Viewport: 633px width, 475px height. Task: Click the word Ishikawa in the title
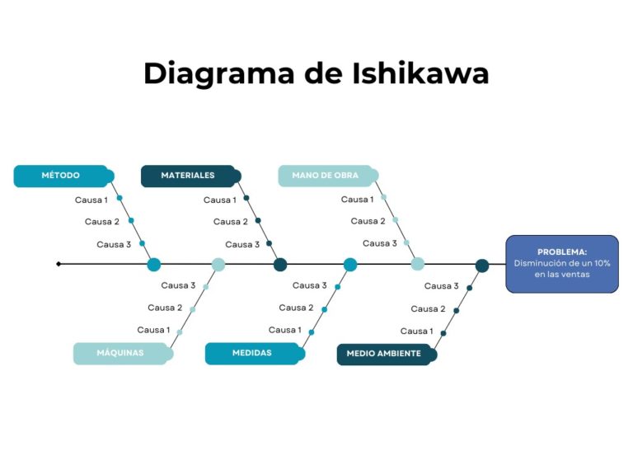click(x=422, y=73)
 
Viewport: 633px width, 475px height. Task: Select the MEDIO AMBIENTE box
click(x=385, y=354)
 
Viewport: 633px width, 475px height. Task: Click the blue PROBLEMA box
click(x=562, y=264)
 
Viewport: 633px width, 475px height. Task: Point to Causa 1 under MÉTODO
click(x=91, y=200)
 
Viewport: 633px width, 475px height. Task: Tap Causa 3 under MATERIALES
click(x=242, y=244)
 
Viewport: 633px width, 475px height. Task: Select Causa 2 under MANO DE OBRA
click(x=368, y=221)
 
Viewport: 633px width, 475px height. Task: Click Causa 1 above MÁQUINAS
click(x=153, y=330)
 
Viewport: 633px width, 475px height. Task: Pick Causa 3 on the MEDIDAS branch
click(x=309, y=285)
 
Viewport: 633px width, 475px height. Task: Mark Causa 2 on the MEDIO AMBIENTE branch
click(x=428, y=308)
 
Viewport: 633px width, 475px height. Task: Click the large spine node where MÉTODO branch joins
click(x=154, y=265)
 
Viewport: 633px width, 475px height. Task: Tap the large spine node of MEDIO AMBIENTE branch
click(x=482, y=266)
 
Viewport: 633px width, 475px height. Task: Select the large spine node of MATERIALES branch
click(x=280, y=265)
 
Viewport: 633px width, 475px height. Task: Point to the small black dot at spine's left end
click(x=59, y=264)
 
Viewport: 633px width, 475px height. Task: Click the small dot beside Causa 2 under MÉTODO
click(x=131, y=220)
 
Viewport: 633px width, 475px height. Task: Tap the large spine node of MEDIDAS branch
click(x=350, y=265)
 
